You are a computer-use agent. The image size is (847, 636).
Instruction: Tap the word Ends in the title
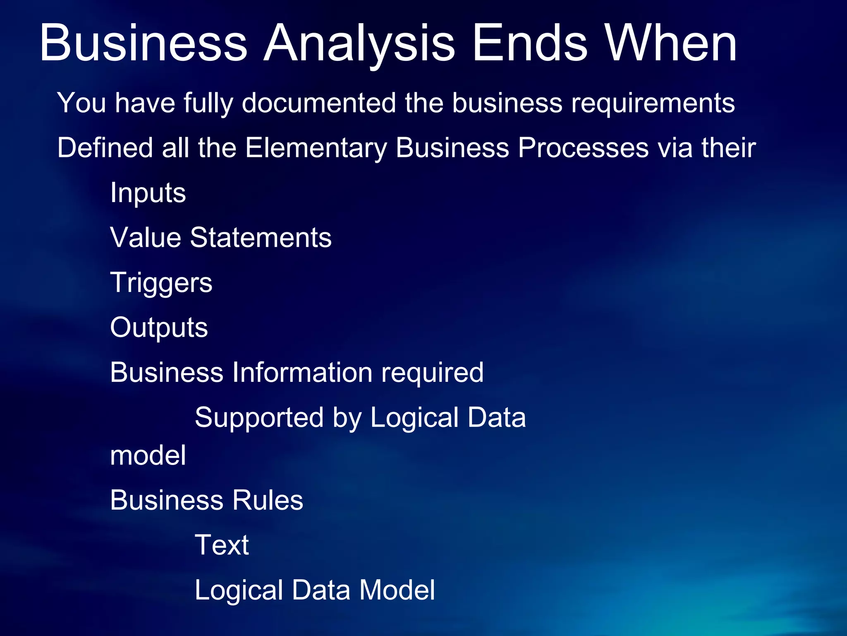click(x=529, y=43)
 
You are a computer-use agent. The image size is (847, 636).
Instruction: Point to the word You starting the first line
click(x=81, y=103)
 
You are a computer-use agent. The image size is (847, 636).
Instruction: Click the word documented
click(x=318, y=103)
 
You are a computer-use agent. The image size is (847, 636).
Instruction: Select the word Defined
click(x=105, y=147)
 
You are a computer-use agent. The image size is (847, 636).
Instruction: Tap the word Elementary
click(x=316, y=147)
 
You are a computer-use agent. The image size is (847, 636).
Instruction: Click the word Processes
click(x=583, y=147)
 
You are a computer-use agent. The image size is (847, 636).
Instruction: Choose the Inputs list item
click(x=148, y=193)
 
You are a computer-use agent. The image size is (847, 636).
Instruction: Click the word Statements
click(x=261, y=238)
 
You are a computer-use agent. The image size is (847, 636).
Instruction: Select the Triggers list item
click(x=161, y=283)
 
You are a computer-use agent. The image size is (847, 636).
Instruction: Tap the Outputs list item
click(x=159, y=328)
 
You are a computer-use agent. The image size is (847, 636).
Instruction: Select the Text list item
click(x=222, y=545)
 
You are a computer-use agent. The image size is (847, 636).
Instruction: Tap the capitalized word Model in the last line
click(x=397, y=590)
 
